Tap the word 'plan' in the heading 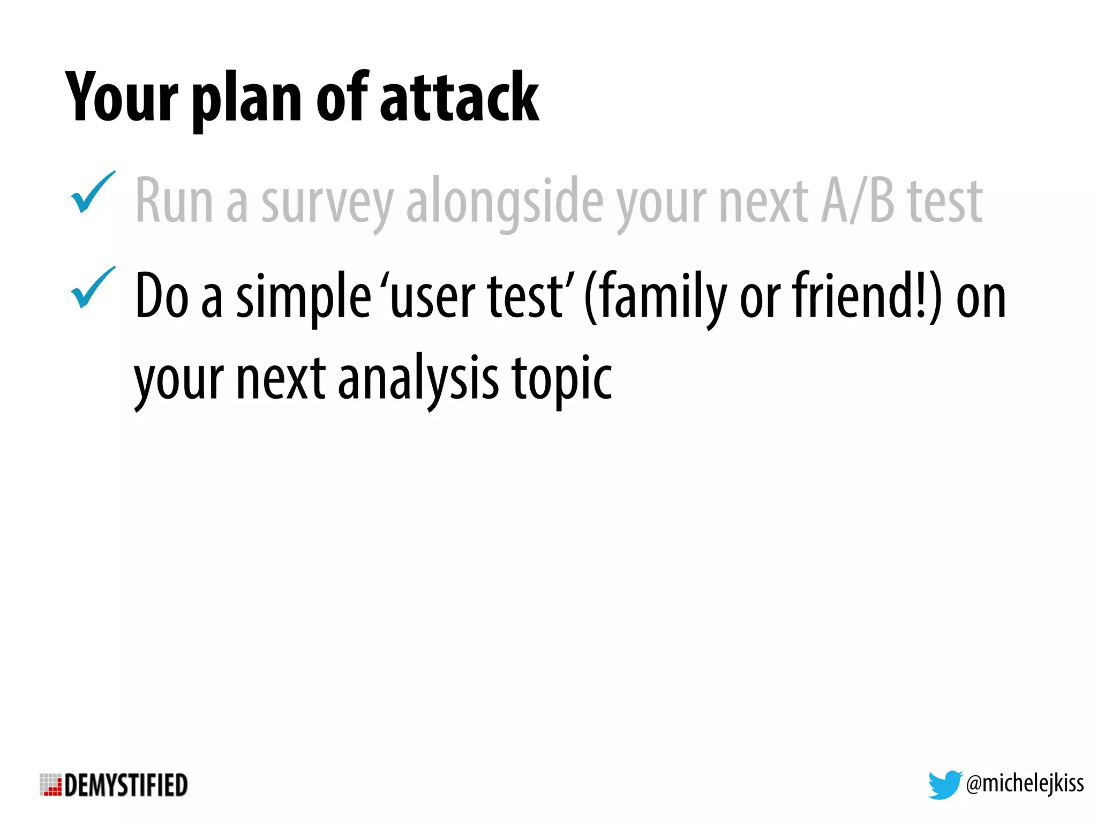click(247, 102)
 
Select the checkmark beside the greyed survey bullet click(92, 193)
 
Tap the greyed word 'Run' click(175, 200)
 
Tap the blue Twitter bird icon click(944, 784)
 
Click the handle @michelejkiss click(1025, 784)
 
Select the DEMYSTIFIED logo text click(126, 785)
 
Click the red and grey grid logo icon click(51, 785)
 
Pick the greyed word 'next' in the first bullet click(763, 201)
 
